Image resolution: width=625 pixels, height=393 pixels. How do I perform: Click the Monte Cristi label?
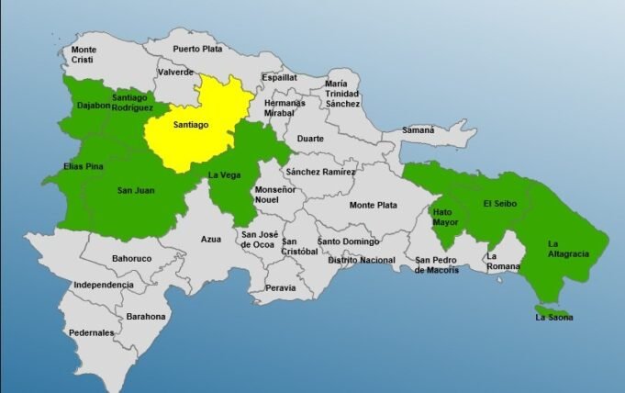(x=84, y=54)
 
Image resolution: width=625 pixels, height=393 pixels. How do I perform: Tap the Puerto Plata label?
(x=198, y=50)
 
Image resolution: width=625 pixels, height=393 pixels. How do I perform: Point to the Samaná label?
(x=418, y=130)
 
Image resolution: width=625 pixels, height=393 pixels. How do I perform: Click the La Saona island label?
(x=553, y=318)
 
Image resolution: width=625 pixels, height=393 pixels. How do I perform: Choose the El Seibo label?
(x=501, y=205)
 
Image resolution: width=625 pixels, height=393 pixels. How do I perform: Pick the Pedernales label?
(x=91, y=332)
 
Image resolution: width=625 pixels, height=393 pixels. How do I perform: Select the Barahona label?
(x=147, y=316)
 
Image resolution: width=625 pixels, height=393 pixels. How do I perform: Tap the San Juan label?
(x=136, y=190)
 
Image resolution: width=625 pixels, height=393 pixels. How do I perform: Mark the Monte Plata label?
(x=374, y=205)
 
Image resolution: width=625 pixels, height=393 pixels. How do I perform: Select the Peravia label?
(x=281, y=287)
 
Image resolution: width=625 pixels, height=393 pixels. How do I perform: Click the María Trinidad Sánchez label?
(x=342, y=94)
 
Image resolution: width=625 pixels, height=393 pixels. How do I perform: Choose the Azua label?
(x=211, y=239)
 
